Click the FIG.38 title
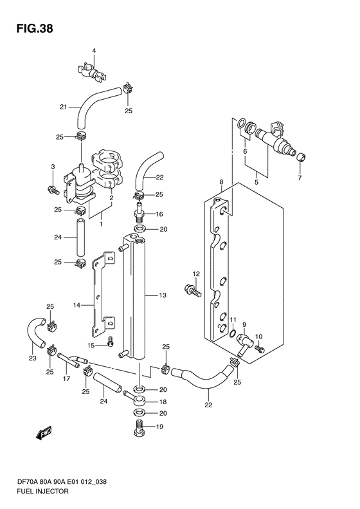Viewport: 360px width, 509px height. (35, 29)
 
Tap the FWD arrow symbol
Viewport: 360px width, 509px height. (44, 433)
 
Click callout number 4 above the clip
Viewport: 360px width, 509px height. (94, 51)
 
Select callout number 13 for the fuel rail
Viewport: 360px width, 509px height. (163, 295)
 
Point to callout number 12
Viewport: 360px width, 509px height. (196, 274)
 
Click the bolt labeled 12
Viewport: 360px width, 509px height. (193, 290)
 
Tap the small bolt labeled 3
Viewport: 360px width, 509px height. (53, 190)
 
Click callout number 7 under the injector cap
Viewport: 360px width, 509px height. (300, 178)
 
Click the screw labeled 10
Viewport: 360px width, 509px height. (260, 349)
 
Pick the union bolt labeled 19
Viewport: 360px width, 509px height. (139, 428)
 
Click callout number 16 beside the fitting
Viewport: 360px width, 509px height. (159, 214)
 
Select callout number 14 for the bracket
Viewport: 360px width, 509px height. (76, 305)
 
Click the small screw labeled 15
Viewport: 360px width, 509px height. (111, 340)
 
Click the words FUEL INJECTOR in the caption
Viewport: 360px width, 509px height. (42, 491)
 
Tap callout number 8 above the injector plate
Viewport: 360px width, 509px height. (222, 181)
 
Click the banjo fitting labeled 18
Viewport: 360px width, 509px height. (137, 399)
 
